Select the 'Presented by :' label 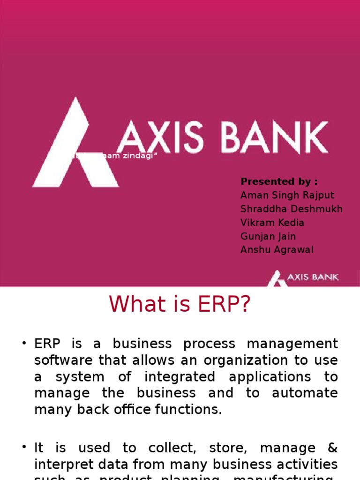(278, 181)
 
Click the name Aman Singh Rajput (287, 195)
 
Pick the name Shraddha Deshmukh (291, 209)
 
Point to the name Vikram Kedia (272, 222)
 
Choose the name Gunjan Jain (268, 236)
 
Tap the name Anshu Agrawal (277, 250)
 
